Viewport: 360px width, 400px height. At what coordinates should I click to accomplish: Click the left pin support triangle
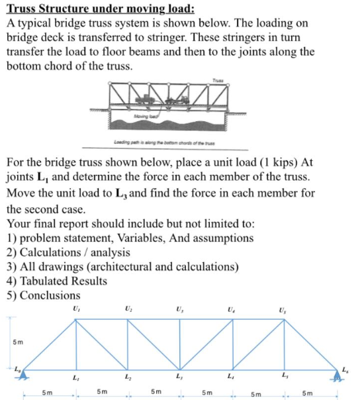24,375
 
